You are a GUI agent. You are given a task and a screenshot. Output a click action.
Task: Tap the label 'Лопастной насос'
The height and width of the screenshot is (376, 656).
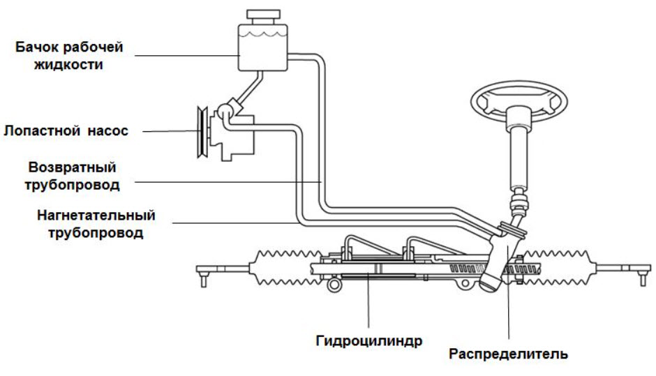(x=66, y=130)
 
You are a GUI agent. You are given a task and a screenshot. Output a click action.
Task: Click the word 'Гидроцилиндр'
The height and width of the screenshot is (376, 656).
(x=366, y=343)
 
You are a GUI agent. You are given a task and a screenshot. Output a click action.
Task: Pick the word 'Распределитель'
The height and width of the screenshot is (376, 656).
(x=507, y=354)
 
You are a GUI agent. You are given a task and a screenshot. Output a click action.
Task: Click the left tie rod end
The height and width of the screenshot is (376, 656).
(x=204, y=272)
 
